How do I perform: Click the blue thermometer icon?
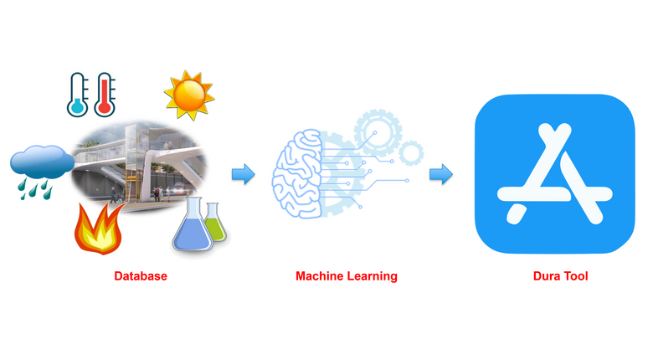(78, 95)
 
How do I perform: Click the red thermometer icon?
(105, 95)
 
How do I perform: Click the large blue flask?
(191, 226)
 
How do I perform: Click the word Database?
(141, 275)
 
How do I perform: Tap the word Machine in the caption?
(319, 275)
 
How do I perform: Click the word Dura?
(548, 275)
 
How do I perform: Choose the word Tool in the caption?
(577, 275)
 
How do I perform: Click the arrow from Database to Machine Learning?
(243, 174)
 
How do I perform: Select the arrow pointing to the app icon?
(441, 174)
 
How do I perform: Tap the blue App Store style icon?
(553, 173)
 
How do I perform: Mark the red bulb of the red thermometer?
(105, 106)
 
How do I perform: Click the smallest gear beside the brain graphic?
(410, 152)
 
